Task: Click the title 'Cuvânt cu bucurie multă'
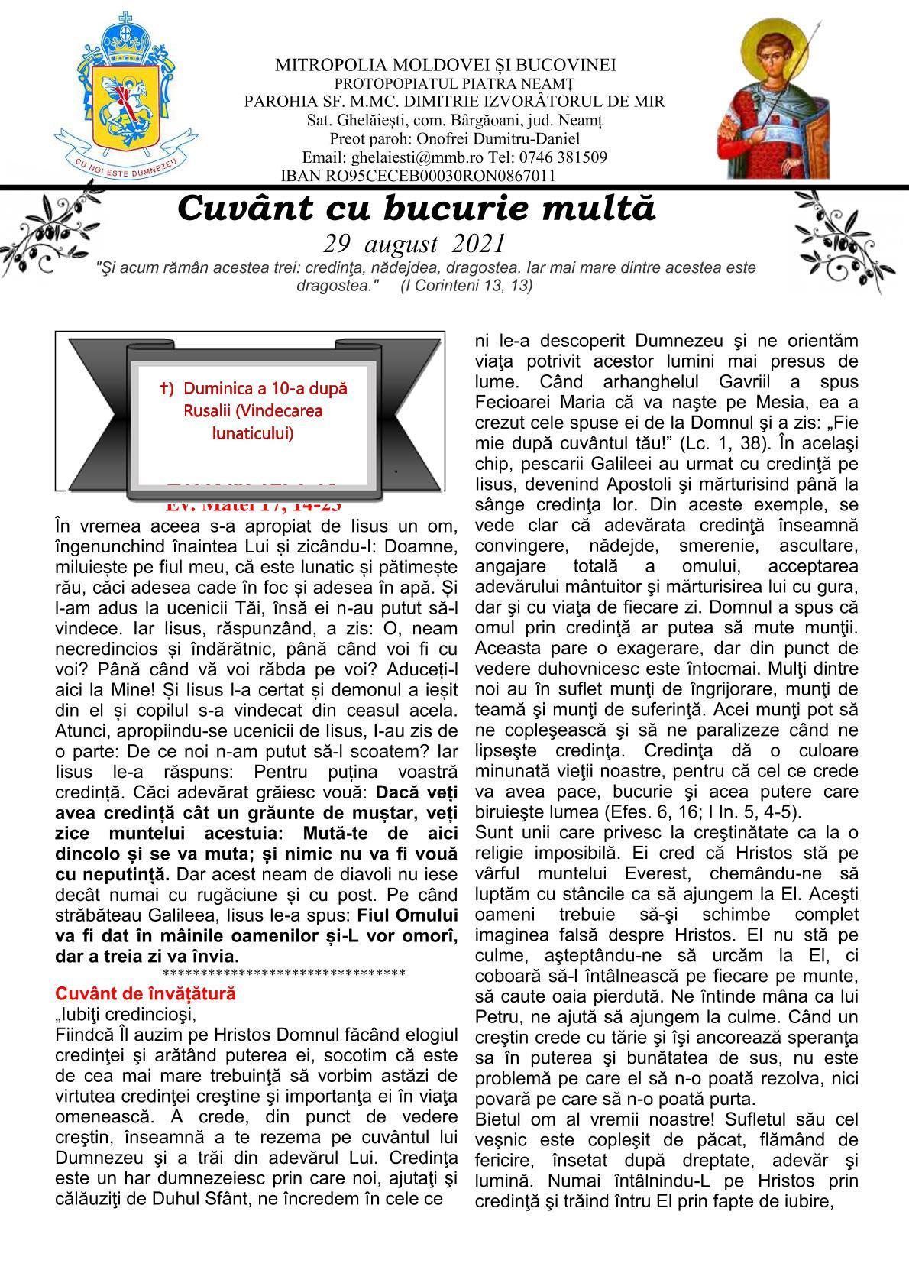(x=416, y=208)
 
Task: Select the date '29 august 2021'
(x=415, y=244)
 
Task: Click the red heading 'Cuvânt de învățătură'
(x=146, y=993)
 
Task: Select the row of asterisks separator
(x=283, y=973)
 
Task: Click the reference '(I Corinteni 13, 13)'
(x=467, y=286)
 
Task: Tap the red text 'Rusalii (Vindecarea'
(x=253, y=411)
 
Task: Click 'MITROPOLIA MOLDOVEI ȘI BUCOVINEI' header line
(x=445, y=65)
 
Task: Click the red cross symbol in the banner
(x=165, y=388)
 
